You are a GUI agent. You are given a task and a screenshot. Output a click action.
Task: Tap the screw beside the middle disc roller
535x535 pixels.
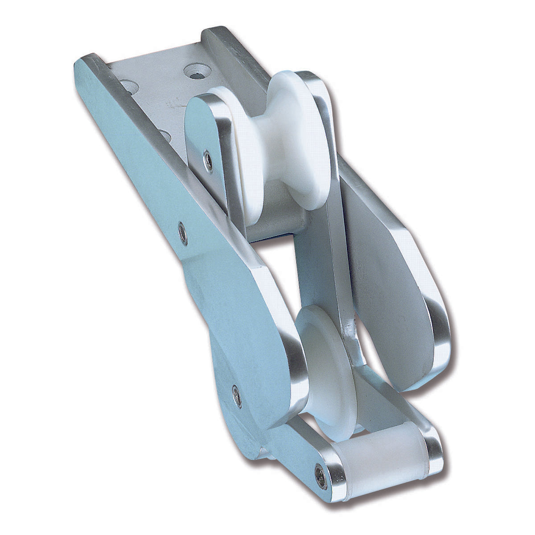point(237,395)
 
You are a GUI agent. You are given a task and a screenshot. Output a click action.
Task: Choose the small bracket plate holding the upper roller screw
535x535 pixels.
point(205,134)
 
